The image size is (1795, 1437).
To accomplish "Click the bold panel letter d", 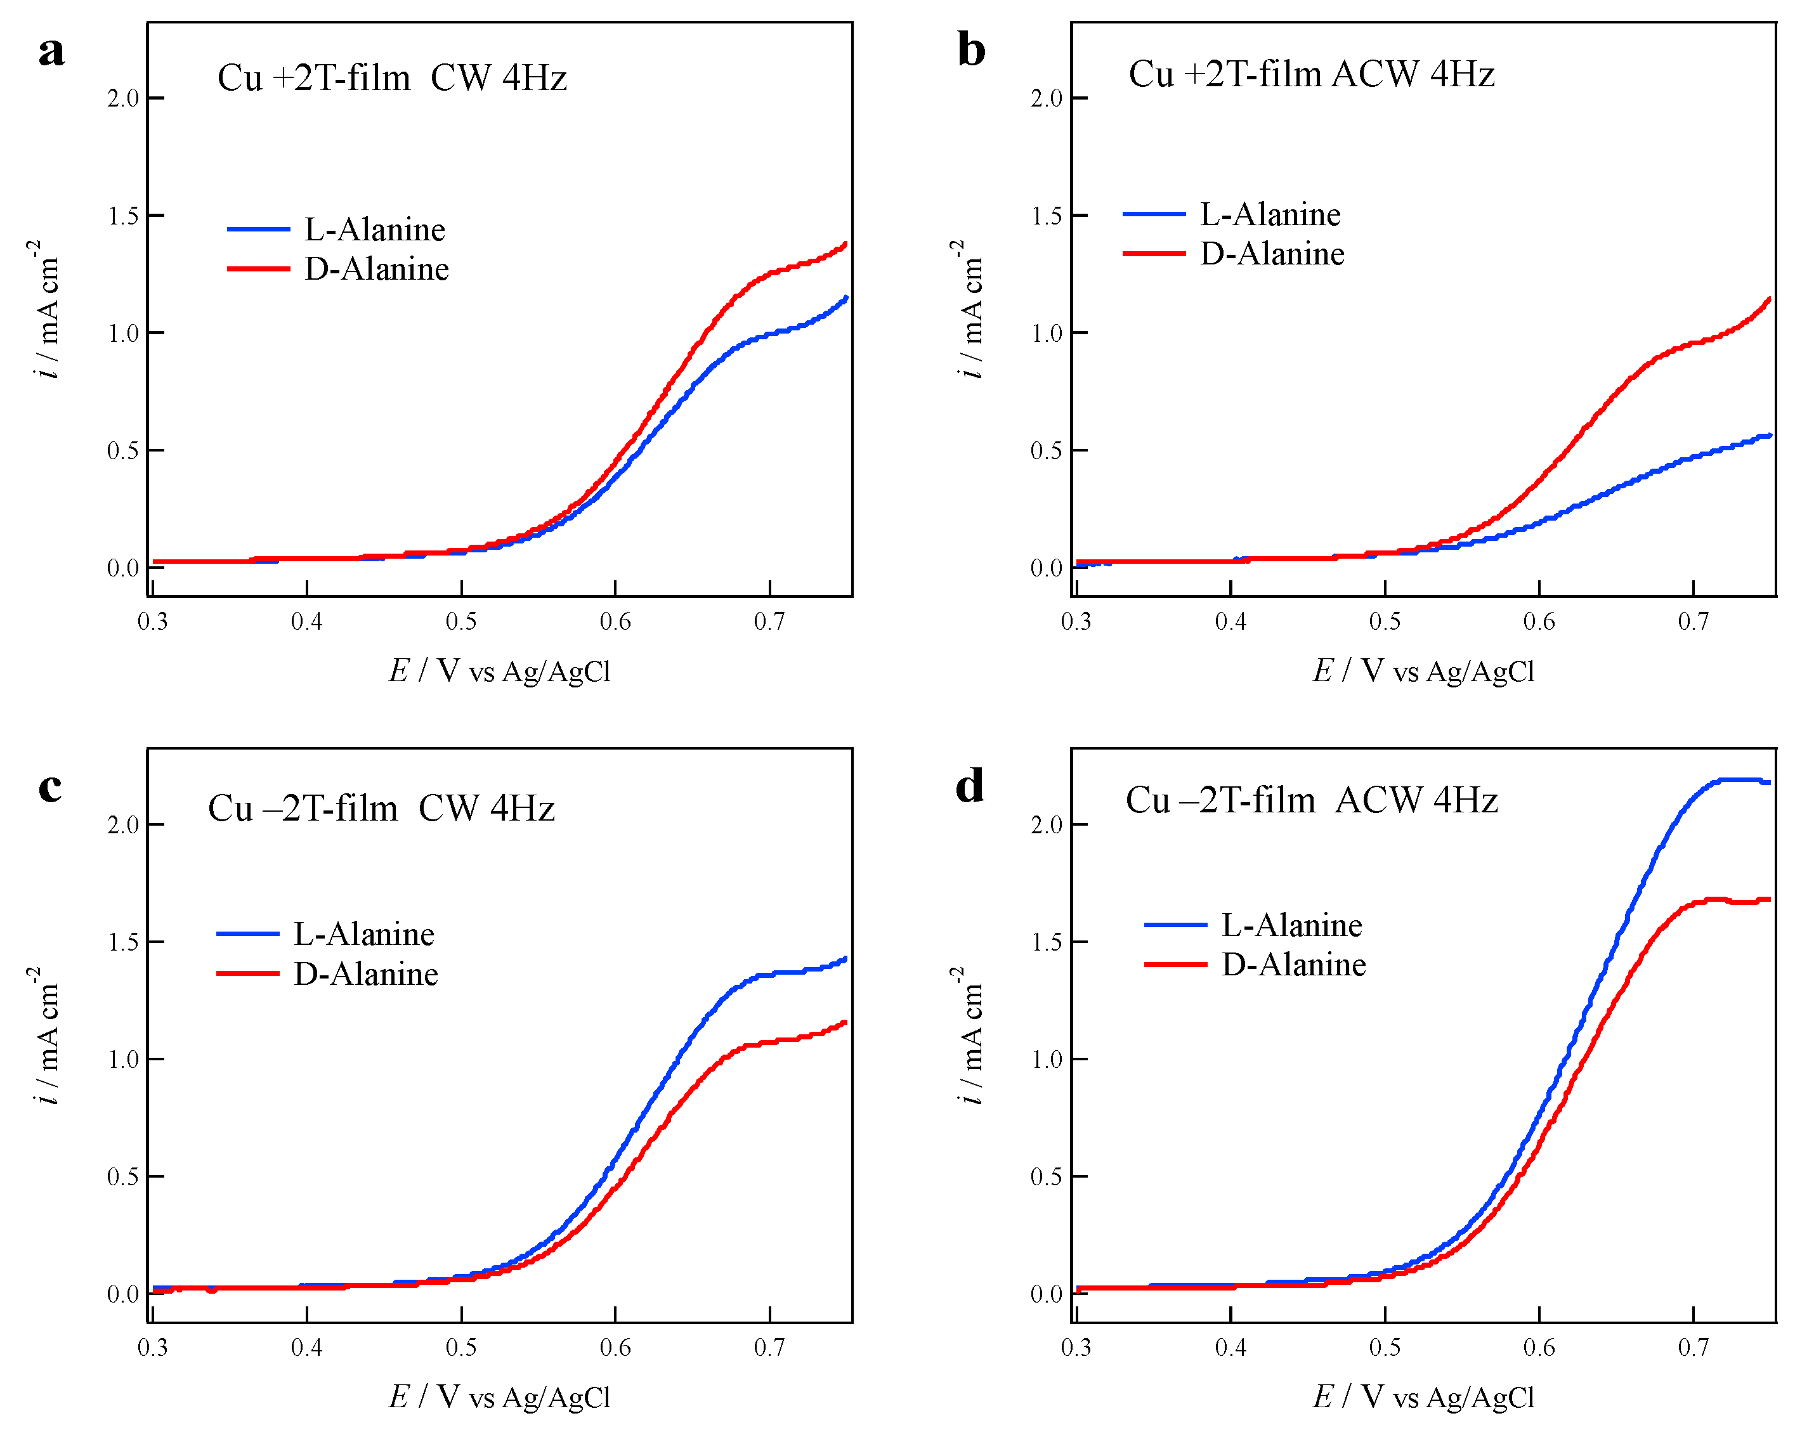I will pos(970,786).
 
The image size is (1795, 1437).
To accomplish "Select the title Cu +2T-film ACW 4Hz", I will pos(1311,75).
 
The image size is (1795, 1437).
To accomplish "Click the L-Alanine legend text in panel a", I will pos(375,230).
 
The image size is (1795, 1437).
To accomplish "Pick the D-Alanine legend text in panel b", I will pos(1271,254).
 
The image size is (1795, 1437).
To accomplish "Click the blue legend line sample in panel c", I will pos(247,934).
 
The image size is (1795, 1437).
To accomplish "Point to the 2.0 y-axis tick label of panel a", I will pos(122,98).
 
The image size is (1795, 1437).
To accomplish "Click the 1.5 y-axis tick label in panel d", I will pos(1047,942).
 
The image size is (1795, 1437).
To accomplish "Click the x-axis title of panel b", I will pos(1423,671).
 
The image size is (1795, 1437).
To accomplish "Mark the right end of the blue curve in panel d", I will pos(1768,783).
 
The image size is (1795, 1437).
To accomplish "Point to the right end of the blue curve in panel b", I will pos(1769,434).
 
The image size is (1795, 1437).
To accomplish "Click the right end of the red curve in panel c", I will pos(846,1022).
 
